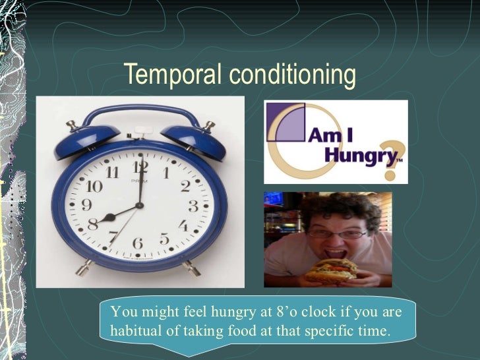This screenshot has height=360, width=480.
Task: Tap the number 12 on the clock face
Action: (x=140, y=167)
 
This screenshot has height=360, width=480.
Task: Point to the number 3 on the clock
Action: (x=193, y=206)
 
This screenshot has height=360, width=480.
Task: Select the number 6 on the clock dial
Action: (x=138, y=244)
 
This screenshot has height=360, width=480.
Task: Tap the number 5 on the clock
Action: (x=165, y=239)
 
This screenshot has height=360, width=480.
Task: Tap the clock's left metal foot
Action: (x=84, y=268)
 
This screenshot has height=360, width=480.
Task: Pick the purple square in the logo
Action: (x=289, y=125)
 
